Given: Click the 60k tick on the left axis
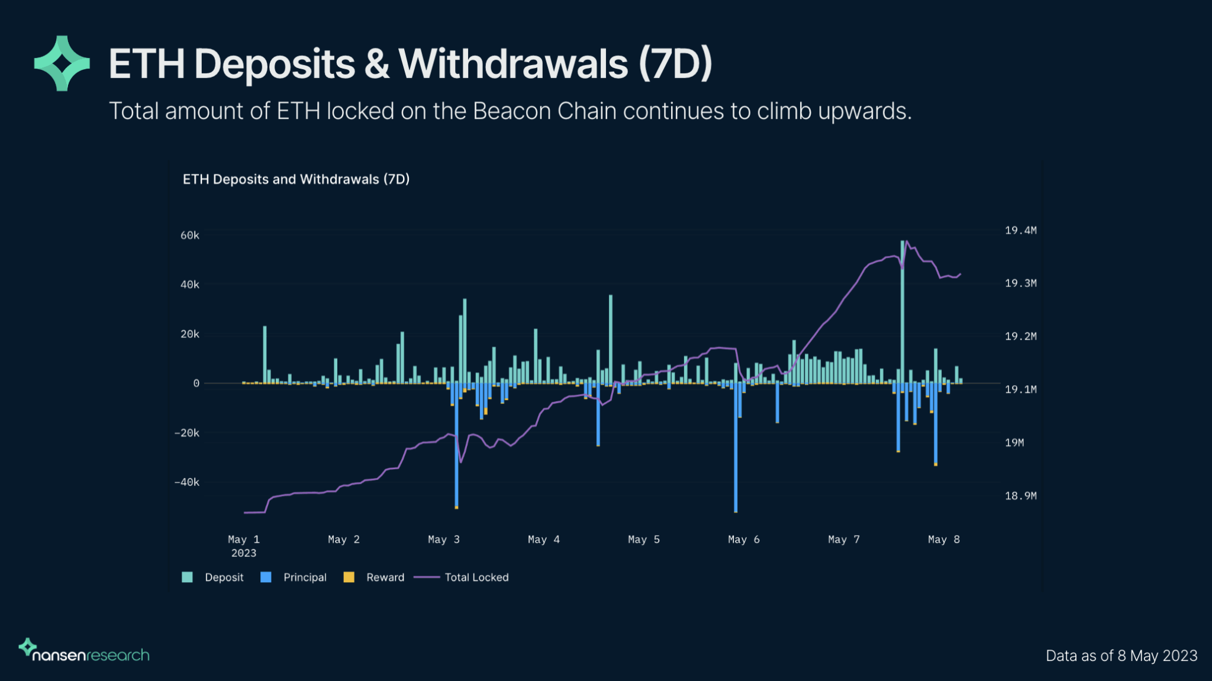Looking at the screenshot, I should click(x=190, y=235).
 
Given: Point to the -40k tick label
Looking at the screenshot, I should click(x=187, y=482).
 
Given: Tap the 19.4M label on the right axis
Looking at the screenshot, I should click(x=1020, y=230).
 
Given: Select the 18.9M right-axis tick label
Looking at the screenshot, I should click(x=1020, y=496).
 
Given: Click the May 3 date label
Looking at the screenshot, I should click(x=443, y=540).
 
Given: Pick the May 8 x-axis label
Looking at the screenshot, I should click(x=943, y=540).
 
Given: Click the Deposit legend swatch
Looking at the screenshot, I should click(x=188, y=577).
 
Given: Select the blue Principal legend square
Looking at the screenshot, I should click(x=266, y=577).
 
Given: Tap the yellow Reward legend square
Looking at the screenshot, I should click(x=349, y=577).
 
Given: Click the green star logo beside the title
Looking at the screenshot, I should click(x=62, y=63).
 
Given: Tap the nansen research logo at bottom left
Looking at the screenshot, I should click(x=85, y=651).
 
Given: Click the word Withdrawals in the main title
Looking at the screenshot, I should click(x=513, y=64).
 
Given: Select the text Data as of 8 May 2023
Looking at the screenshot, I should click(x=1121, y=656).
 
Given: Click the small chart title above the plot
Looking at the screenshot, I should click(x=296, y=179).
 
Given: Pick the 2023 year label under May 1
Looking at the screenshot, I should click(x=244, y=553).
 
